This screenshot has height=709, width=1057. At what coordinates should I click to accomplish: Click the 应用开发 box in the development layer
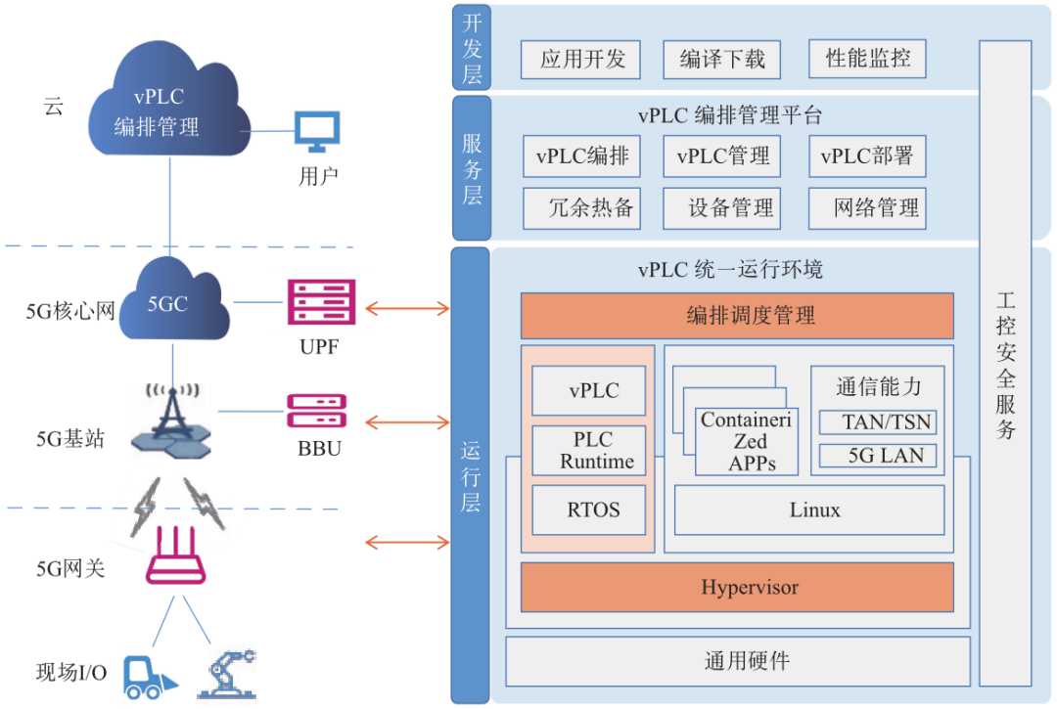(x=580, y=60)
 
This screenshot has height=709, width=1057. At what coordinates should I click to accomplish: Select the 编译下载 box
(x=722, y=60)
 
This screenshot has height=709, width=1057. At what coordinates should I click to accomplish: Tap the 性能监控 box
(x=866, y=59)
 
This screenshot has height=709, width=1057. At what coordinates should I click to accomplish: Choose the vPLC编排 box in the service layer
(x=581, y=156)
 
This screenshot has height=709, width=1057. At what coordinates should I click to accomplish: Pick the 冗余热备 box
(x=581, y=207)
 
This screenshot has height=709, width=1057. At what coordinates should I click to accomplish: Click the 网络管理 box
(x=866, y=207)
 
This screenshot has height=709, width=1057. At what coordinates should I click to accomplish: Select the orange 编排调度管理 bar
(x=736, y=315)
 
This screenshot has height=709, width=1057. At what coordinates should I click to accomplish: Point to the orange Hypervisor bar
(x=736, y=588)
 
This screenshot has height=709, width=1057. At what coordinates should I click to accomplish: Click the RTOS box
(x=588, y=510)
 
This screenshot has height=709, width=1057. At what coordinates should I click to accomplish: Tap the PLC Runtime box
(x=588, y=450)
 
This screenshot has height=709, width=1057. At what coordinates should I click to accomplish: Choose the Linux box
(x=808, y=510)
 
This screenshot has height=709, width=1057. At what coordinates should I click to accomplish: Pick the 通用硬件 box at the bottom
(x=737, y=661)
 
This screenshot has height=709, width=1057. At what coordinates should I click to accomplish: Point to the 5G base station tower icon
(x=172, y=416)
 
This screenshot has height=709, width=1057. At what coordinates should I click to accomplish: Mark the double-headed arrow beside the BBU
(x=406, y=422)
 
